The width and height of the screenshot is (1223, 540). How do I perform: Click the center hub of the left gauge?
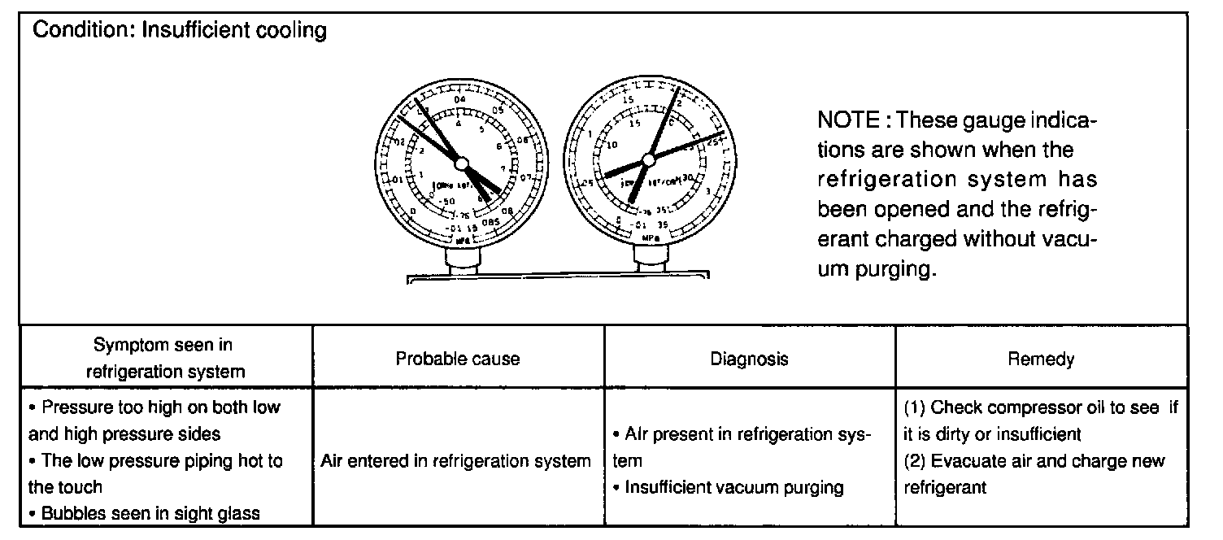point(462,164)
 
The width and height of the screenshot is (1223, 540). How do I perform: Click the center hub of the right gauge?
point(648,159)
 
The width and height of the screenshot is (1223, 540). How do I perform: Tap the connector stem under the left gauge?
point(462,261)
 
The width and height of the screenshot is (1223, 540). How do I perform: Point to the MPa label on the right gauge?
point(651,238)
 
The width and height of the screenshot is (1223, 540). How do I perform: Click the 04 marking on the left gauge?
point(460,100)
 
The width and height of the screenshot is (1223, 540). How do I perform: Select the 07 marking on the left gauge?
point(526,178)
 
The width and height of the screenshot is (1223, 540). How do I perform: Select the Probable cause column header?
point(458,359)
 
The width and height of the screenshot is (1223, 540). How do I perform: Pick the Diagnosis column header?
point(749,359)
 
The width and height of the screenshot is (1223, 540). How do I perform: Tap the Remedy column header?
point(1041,359)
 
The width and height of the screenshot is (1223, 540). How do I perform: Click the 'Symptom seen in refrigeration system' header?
point(165,358)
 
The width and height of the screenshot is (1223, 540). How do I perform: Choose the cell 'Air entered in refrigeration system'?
point(456,461)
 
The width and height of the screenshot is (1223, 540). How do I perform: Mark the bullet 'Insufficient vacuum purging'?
point(733,487)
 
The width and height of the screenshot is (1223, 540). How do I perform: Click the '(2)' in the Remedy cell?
point(915,461)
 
